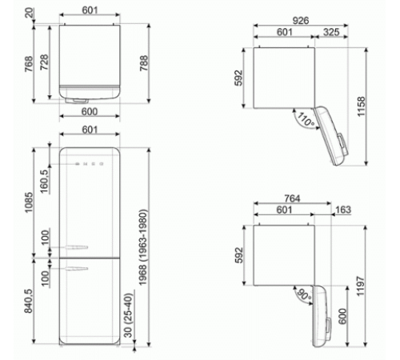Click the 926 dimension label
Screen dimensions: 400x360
301,20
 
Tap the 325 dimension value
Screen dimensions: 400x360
331,32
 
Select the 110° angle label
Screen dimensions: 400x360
306,119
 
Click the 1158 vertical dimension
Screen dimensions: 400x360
361,106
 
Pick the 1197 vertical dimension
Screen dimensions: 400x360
361,286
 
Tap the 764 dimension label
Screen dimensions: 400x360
292,198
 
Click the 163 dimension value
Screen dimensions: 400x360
343,210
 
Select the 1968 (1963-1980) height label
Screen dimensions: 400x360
143,247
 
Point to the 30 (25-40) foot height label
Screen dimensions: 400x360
128,315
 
